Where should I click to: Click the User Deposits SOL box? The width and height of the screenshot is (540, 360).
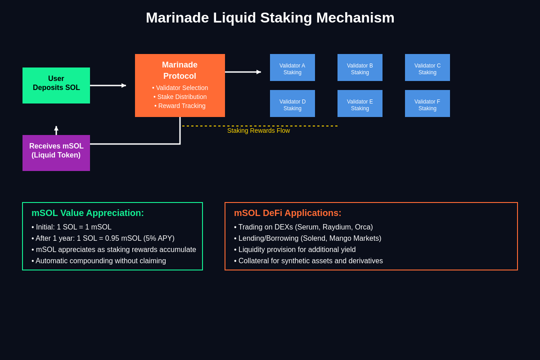(x=56, y=85)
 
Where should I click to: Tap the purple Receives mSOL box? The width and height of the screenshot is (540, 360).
(x=56, y=153)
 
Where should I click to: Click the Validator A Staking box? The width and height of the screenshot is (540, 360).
(x=292, y=67)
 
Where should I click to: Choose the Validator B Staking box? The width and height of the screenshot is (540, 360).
(x=360, y=67)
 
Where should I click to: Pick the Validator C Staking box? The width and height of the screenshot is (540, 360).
(x=427, y=67)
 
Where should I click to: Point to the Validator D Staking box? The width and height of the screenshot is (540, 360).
(x=292, y=103)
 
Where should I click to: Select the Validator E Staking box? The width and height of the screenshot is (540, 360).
(x=360, y=103)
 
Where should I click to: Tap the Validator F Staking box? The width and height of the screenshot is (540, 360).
(x=427, y=103)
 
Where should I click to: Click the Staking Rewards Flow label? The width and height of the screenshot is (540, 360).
(x=258, y=130)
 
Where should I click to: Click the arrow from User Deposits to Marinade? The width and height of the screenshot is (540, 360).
(x=108, y=85)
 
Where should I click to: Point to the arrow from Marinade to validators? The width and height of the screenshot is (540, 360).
(x=243, y=72)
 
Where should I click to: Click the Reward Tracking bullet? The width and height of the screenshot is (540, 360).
(x=180, y=106)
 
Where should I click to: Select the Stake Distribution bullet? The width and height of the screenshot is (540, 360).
(x=180, y=97)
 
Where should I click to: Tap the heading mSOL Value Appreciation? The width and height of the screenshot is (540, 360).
(x=88, y=213)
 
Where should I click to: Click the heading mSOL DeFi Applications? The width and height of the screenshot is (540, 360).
(x=288, y=213)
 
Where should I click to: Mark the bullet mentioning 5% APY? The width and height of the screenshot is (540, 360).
(x=103, y=238)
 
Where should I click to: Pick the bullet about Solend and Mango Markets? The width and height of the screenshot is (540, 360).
(x=307, y=238)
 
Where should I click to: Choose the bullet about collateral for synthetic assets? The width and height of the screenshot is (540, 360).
(x=308, y=261)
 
